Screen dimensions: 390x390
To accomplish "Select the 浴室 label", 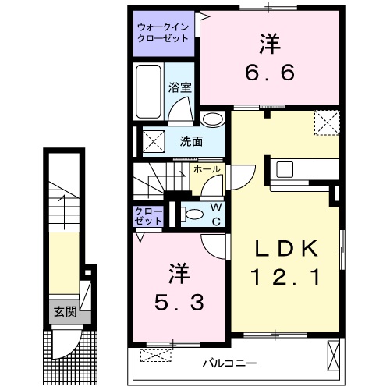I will [x=181, y=87].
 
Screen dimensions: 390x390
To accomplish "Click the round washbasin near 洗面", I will [x=211, y=119].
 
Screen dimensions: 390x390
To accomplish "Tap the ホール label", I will [x=206, y=168].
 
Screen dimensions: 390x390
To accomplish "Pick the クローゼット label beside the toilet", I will [x=147, y=216].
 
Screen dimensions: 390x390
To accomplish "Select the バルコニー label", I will [x=230, y=362].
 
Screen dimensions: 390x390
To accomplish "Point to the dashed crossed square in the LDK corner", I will [x=325, y=122].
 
